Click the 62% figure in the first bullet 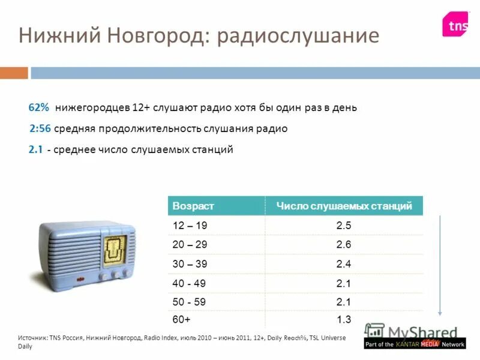pyautogui.click(x=38, y=108)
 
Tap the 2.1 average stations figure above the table pyautogui.click(x=35, y=149)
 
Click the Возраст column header pyautogui.click(x=193, y=206)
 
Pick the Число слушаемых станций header pyautogui.click(x=344, y=206)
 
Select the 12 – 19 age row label pyautogui.click(x=190, y=226)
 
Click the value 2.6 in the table pyautogui.click(x=344, y=245)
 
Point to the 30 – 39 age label pyautogui.click(x=190, y=264)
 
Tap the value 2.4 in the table pyautogui.click(x=344, y=264)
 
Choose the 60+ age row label pyautogui.click(x=181, y=320)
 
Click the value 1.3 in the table pyautogui.click(x=344, y=320)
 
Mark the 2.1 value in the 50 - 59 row pyautogui.click(x=344, y=302)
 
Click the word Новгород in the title pyautogui.click(x=158, y=36)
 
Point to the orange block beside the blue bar pyautogui.click(x=13, y=73)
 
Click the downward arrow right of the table pyautogui.click(x=441, y=264)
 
